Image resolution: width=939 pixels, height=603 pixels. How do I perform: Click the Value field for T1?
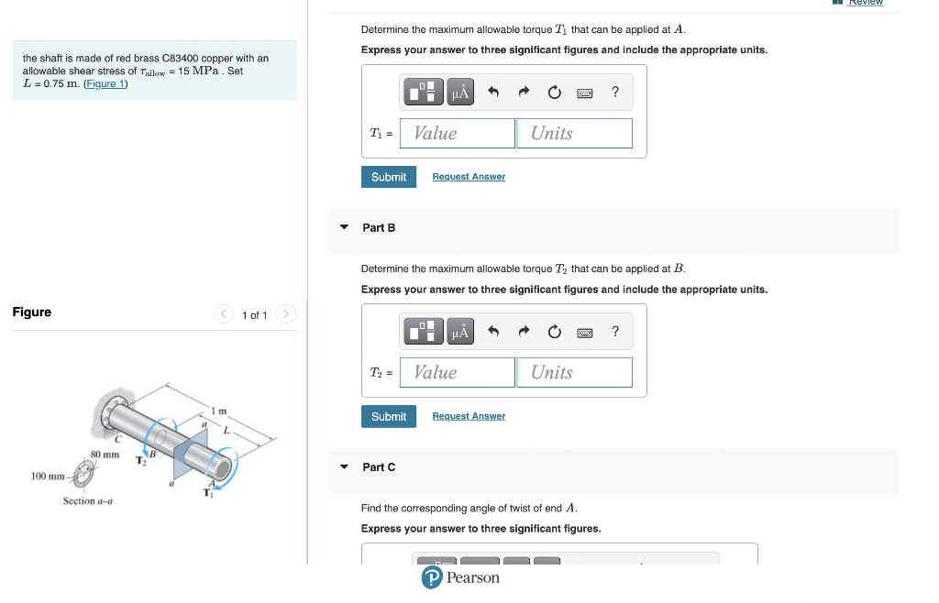[457, 133]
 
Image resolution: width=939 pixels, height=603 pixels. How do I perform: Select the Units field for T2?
[574, 372]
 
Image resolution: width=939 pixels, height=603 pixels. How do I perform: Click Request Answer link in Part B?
[469, 416]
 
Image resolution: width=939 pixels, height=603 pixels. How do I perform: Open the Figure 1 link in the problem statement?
[105, 83]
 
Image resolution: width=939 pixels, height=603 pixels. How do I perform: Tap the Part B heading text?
[379, 227]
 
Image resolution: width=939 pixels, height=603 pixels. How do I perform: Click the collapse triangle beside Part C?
[344, 466]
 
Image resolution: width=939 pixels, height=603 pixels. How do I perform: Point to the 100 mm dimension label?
[47, 477]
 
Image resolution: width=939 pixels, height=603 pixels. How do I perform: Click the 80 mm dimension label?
[105, 455]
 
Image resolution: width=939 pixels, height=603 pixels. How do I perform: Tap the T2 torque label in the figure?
[140, 460]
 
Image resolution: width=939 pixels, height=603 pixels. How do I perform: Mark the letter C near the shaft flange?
[117, 438]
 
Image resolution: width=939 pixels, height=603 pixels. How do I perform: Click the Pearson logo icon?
[432, 577]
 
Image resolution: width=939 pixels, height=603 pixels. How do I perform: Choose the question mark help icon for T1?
[614, 92]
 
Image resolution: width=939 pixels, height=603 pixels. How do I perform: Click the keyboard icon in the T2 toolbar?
[584, 332]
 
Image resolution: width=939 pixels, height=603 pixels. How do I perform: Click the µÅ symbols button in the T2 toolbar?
[460, 332]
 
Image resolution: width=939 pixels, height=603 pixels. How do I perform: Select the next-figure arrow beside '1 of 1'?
[286, 314]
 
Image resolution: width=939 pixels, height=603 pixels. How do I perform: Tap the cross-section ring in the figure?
[83, 477]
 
